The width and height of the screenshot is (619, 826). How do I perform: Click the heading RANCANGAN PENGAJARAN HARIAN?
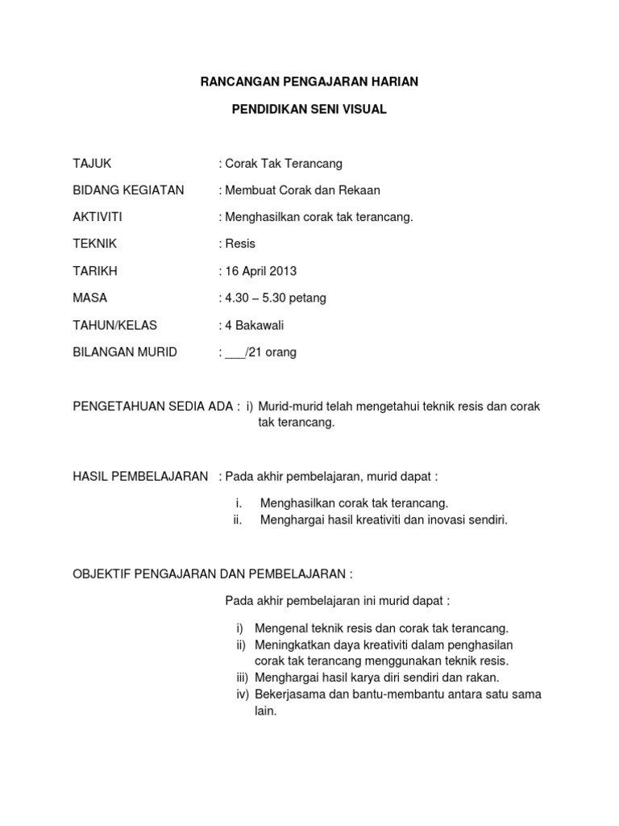coord(309,81)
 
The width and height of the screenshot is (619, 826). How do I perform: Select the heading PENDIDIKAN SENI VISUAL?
coord(309,109)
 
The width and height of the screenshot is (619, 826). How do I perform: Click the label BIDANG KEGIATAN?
coord(128,190)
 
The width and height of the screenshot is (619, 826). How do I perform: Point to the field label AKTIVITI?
coord(98,217)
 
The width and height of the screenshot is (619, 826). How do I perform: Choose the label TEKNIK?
coord(93,244)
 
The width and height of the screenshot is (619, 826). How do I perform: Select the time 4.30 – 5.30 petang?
coord(275,298)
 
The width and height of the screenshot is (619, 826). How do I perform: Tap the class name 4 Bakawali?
coord(255,325)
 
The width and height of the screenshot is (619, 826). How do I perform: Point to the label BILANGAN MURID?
coord(125,353)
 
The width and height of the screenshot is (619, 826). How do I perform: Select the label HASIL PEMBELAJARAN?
coord(141,477)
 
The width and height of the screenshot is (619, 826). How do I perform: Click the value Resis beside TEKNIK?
coord(239,244)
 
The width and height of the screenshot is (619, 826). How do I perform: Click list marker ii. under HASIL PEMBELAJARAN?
coord(238,520)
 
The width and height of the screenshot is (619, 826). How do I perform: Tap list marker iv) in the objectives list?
coord(242,694)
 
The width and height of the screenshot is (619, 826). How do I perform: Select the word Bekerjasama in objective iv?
coord(288,694)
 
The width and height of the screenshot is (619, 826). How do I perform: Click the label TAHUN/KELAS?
coord(115,325)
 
